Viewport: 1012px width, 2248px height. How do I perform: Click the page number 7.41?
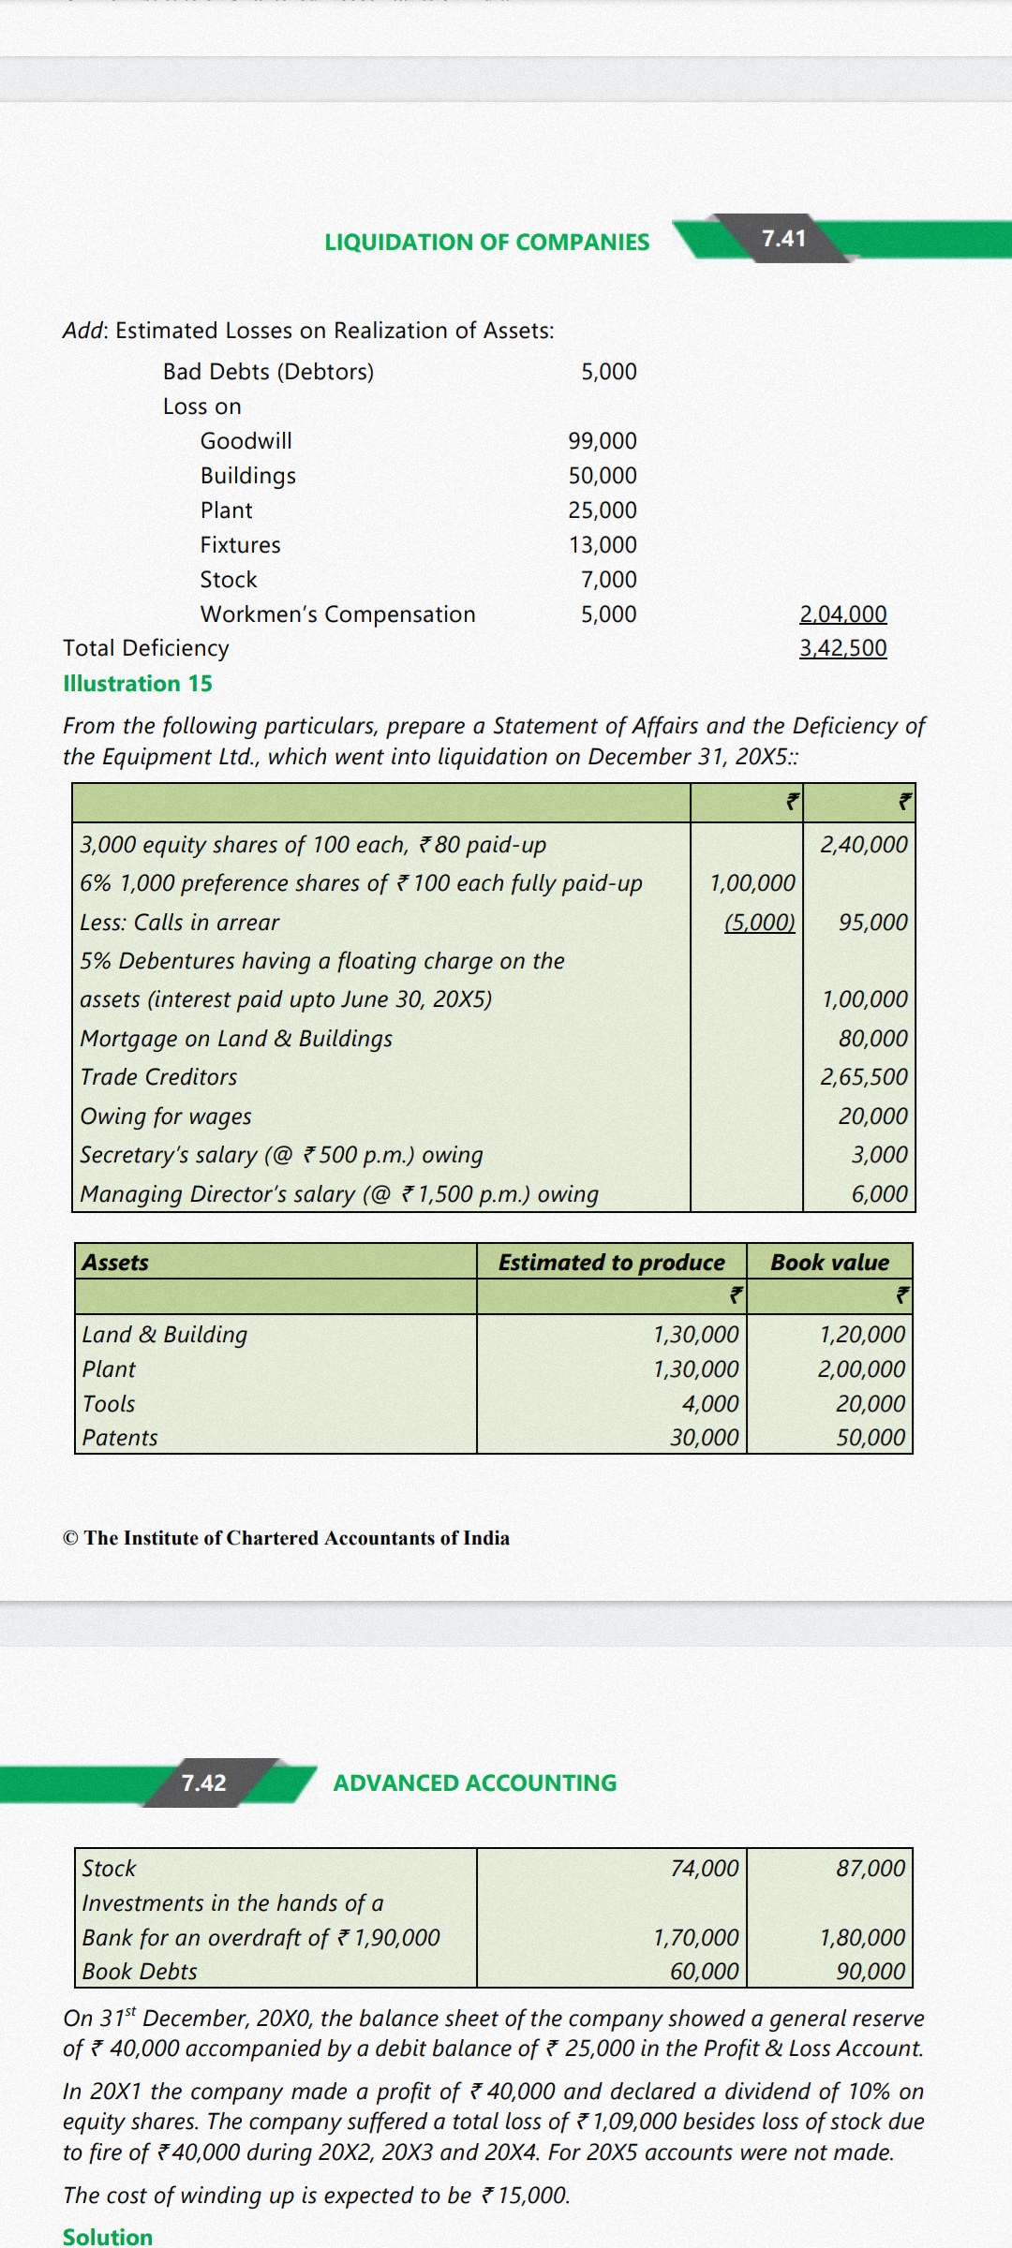coord(783,239)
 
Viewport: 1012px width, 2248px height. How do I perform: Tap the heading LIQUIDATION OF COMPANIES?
coord(486,243)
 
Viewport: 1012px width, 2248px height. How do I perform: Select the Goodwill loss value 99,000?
coord(603,441)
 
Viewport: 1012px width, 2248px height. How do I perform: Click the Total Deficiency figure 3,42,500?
coord(842,648)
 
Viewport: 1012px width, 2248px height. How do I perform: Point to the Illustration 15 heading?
coord(138,684)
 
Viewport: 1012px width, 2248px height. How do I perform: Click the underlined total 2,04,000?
coord(842,614)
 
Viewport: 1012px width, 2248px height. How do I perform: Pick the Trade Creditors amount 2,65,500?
coord(864,1077)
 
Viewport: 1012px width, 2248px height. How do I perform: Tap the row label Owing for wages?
coord(166,1117)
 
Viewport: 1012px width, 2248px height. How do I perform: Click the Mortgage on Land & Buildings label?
coord(236,1039)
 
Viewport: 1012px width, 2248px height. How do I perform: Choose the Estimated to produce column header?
coord(611,1263)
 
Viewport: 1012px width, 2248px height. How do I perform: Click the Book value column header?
coord(829,1263)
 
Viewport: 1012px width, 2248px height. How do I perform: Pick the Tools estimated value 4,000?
coord(710,1404)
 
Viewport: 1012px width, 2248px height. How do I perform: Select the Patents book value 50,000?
coord(871,1438)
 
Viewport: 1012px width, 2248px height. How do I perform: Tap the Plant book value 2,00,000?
coord(861,1369)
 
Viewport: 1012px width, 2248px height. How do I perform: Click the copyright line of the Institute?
coord(287,1538)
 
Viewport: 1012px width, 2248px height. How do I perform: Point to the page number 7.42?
coord(203,1782)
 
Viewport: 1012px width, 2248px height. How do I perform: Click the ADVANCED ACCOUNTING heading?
coord(475,1783)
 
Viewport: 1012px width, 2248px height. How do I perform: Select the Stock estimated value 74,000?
coord(705,1869)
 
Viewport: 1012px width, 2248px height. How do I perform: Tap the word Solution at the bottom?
coord(108,2237)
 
